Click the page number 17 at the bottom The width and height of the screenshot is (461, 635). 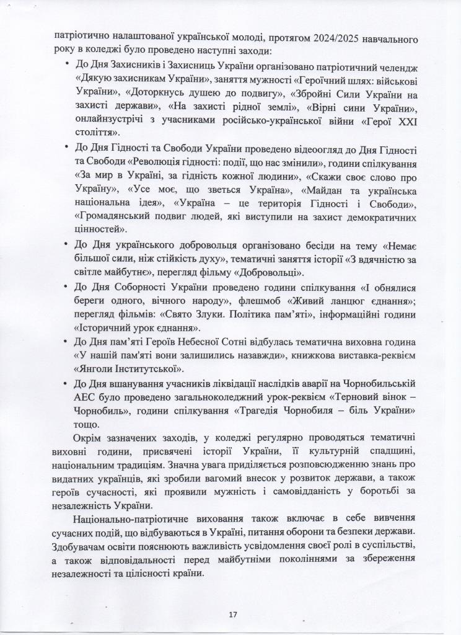[232, 615]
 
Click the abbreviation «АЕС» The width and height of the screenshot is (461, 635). [84, 396]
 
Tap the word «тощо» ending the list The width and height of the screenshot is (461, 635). [84, 425]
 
